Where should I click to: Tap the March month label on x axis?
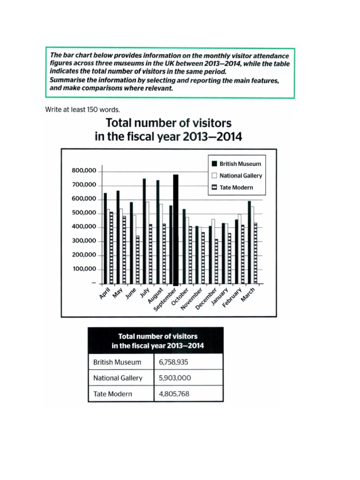pyautogui.click(x=248, y=295)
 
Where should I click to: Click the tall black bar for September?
pyautogui.click(x=176, y=230)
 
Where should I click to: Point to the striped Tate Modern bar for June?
pyautogui.click(x=137, y=260)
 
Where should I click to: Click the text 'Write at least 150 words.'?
pyautogui.click(x=82, y=110)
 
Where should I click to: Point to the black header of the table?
pyautogui.click(x=156, y=341)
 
